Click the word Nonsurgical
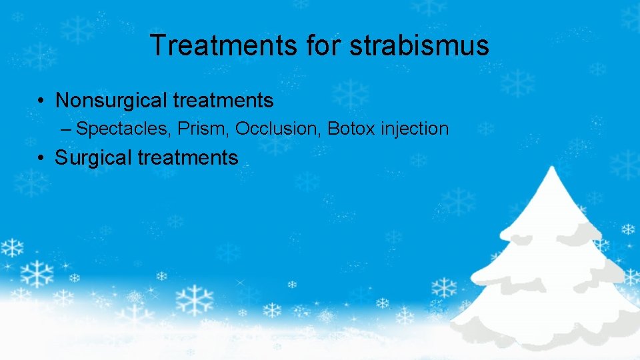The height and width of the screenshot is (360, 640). click(111, 100)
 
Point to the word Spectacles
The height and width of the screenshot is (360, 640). click(123, 129)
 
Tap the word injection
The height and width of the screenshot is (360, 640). click(415, 129)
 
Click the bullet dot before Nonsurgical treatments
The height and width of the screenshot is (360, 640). click(41, 101)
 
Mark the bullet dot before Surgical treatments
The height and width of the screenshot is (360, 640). click(41, 159)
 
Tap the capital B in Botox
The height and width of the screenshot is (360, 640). click(333, 129)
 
